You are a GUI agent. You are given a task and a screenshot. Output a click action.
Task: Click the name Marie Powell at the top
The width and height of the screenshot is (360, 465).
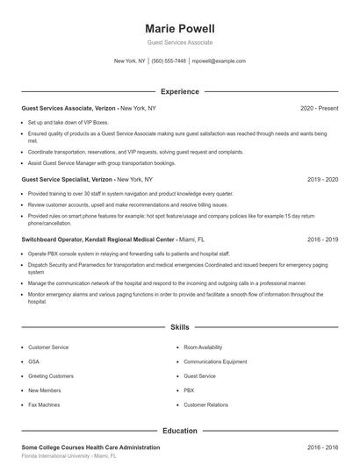[179, 28]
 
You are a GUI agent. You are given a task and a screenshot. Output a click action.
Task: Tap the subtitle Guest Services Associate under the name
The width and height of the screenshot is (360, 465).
[179, 43]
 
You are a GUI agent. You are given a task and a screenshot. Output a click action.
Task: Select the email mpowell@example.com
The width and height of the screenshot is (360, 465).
[219, 61]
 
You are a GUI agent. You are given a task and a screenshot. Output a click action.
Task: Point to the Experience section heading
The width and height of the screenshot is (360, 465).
[179, 91]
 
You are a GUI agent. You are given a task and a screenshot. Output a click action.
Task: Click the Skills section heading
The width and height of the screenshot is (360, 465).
[179, 327]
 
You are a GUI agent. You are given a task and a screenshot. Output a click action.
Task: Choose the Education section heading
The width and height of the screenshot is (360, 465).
[179, 431]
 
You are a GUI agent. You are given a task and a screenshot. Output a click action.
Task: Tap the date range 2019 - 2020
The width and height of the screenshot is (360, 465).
[322, 179]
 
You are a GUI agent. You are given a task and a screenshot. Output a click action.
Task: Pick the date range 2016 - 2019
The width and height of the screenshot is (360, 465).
[322, 239]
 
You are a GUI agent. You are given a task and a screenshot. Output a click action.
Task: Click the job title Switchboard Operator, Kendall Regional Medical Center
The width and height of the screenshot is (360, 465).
[97, 239]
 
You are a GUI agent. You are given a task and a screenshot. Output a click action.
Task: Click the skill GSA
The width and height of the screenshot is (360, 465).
[33, 361]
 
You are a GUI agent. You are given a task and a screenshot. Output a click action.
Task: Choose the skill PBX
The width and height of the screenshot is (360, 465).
[189, 390]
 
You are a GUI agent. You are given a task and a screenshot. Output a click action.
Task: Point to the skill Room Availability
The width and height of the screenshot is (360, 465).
[204, 347]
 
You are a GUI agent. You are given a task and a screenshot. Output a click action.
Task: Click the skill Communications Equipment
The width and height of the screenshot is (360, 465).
[215, 361]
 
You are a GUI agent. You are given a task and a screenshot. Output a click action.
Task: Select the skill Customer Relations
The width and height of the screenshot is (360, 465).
[205, 404]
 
